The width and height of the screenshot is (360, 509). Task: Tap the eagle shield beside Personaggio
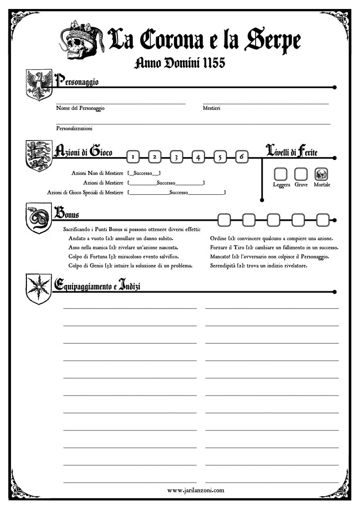(38, 86)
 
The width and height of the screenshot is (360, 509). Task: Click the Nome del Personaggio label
(81, 108)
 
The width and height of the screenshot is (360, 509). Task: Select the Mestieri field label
(211, 108)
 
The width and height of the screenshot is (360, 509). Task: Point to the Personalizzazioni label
(74, 128)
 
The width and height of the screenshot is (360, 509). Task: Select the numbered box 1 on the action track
(132, 157)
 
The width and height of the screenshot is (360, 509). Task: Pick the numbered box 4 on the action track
(198, 157)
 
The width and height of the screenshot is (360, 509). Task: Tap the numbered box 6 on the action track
(241, 157)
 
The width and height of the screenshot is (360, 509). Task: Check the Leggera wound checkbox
(281, 174)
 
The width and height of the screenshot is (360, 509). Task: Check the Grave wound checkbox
(300, 174)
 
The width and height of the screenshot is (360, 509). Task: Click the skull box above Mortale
(321, 174)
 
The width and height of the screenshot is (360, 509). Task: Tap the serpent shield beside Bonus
(38, 217)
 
